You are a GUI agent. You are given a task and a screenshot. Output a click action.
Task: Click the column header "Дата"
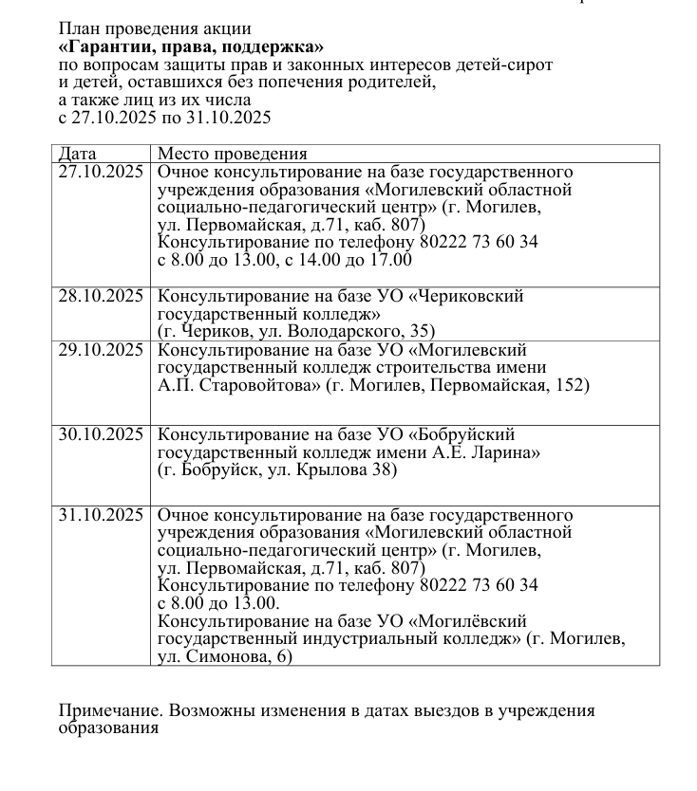pos(77,154)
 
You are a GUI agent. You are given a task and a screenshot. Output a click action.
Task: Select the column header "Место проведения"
pos(232,154)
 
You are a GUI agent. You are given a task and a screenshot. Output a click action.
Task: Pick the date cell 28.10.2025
pos(100,296)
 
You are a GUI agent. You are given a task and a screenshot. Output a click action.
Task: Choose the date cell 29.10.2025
pos(100,350)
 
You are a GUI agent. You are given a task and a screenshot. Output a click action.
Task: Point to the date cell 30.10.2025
pos(100,434)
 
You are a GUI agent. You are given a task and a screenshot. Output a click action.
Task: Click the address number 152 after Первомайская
pos(574,386)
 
